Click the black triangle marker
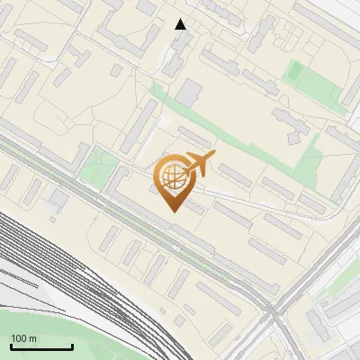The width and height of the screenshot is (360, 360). [x=181, y=24]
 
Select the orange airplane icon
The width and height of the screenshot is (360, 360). [x=197, y=165]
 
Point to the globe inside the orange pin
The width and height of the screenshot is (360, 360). [x=174, y=176]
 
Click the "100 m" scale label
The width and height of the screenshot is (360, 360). [x=24, y=338]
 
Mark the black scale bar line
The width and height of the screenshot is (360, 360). [x=41, y=346]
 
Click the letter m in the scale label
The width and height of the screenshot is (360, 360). [x=33, y=338]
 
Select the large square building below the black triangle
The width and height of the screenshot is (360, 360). [x=189, y=92]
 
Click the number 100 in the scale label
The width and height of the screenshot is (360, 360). [x=20, y=338]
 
